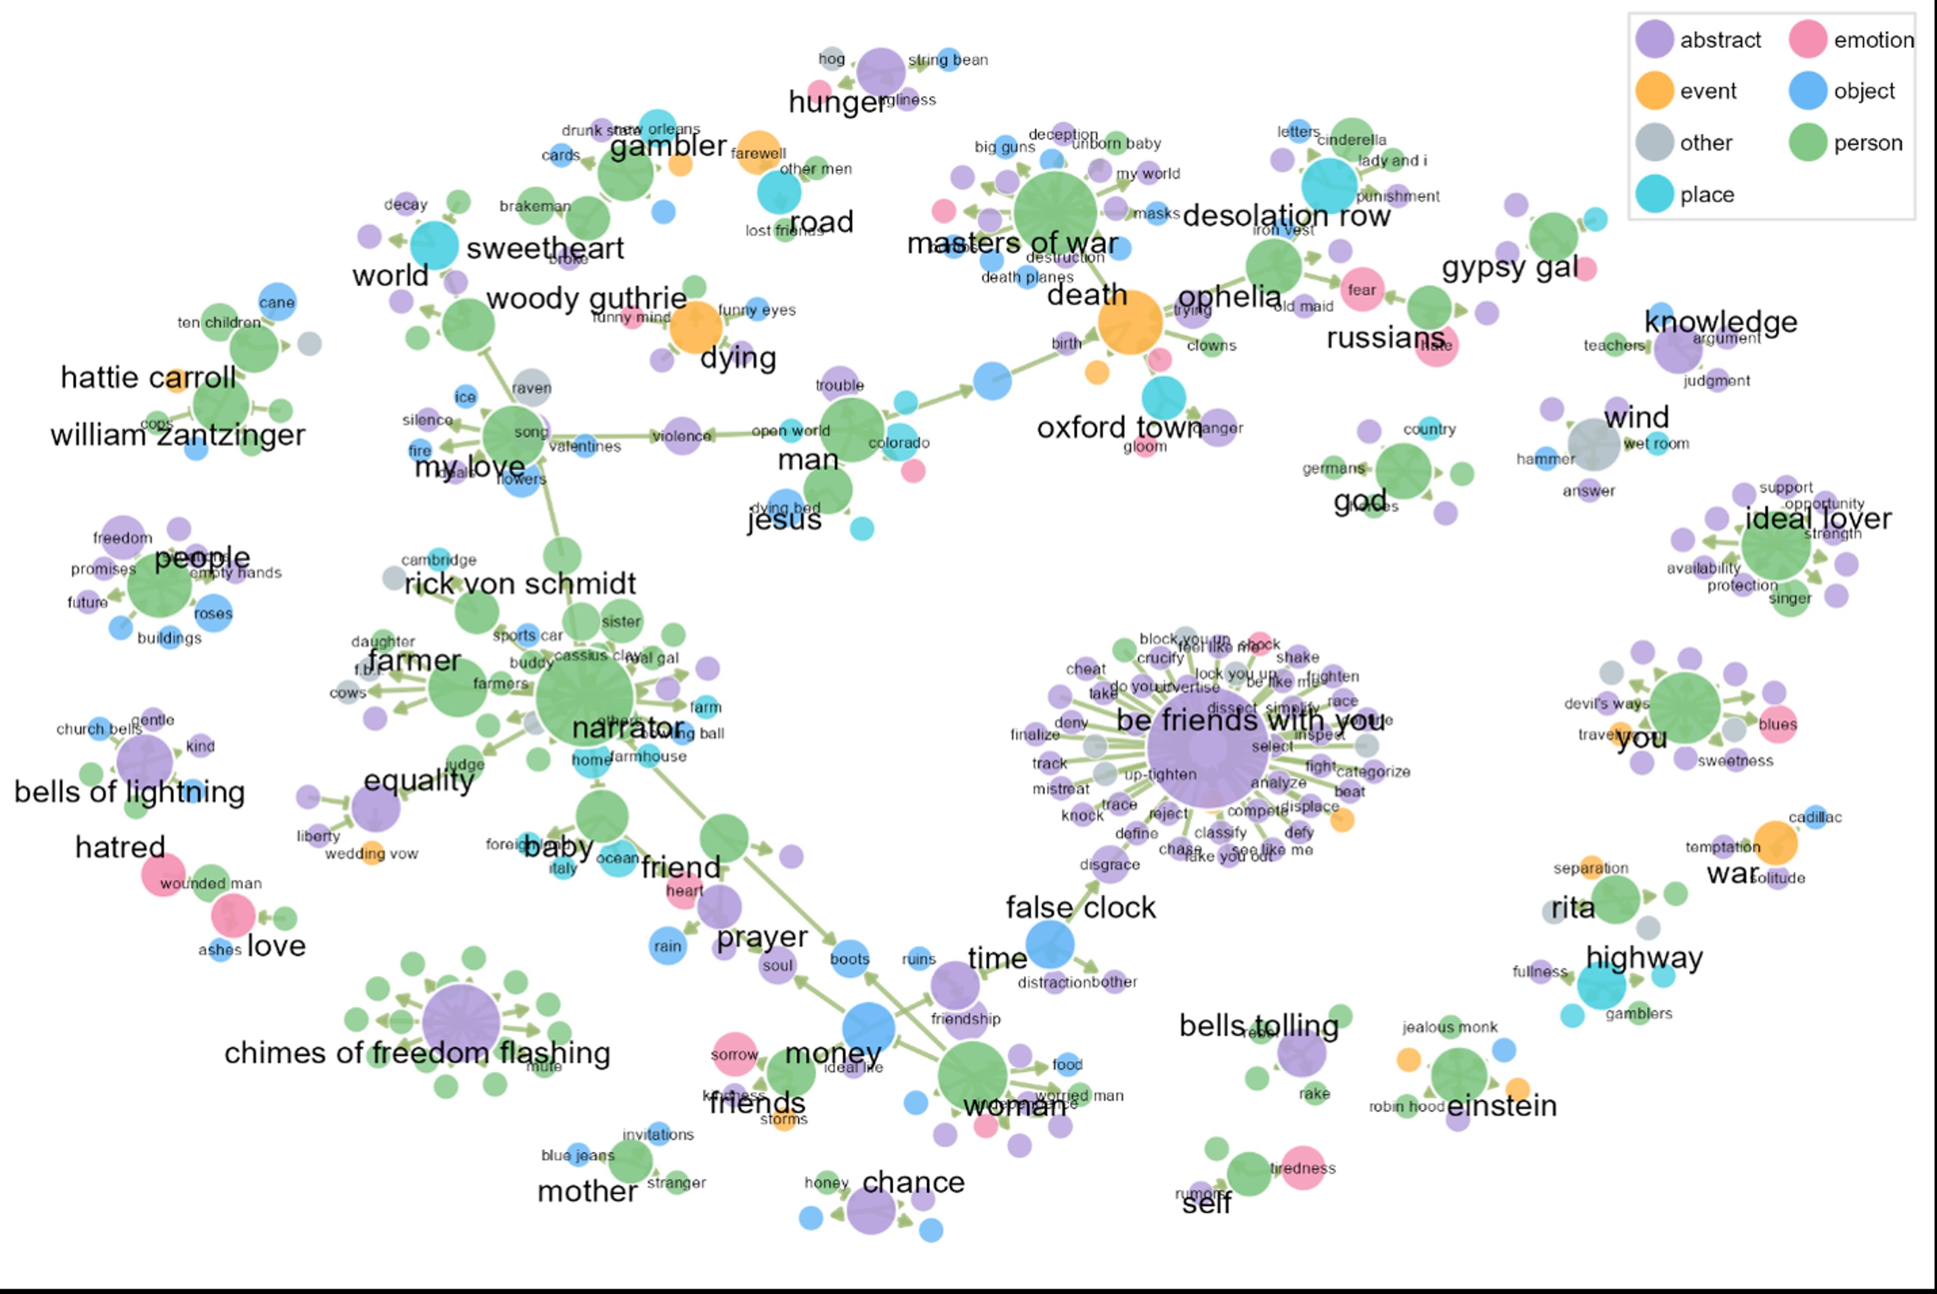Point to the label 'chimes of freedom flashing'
417,1053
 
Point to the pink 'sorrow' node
734,1055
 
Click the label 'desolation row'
1286,216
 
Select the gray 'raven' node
532,388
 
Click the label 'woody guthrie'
586,298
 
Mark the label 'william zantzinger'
178,435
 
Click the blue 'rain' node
667,946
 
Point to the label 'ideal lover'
1818,518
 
